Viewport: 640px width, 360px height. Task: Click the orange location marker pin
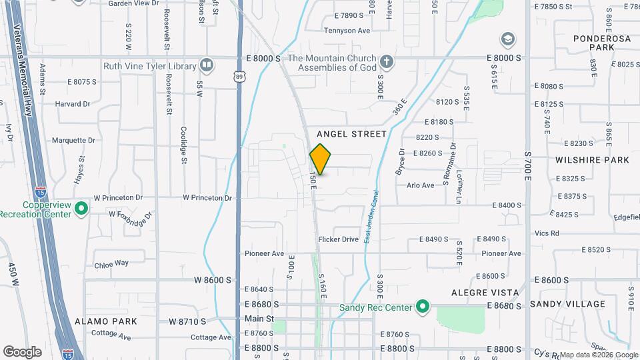coord(320,159)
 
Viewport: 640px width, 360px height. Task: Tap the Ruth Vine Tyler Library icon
coord(207,65)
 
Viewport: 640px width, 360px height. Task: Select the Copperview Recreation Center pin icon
coord(81,209)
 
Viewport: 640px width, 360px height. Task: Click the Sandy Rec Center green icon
coord(421,307)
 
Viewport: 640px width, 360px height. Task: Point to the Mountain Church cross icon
coord(385,63)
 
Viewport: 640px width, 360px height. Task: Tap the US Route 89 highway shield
coord(239,78)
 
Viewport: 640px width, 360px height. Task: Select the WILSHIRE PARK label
coord(592,160)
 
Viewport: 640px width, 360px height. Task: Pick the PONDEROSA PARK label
coord(593,43)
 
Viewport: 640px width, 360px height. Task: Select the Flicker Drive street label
coord(338,239)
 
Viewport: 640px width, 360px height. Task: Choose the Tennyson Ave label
coord(347,30)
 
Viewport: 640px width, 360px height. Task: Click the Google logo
coord(22,352)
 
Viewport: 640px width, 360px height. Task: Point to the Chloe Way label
coord(111,263)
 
